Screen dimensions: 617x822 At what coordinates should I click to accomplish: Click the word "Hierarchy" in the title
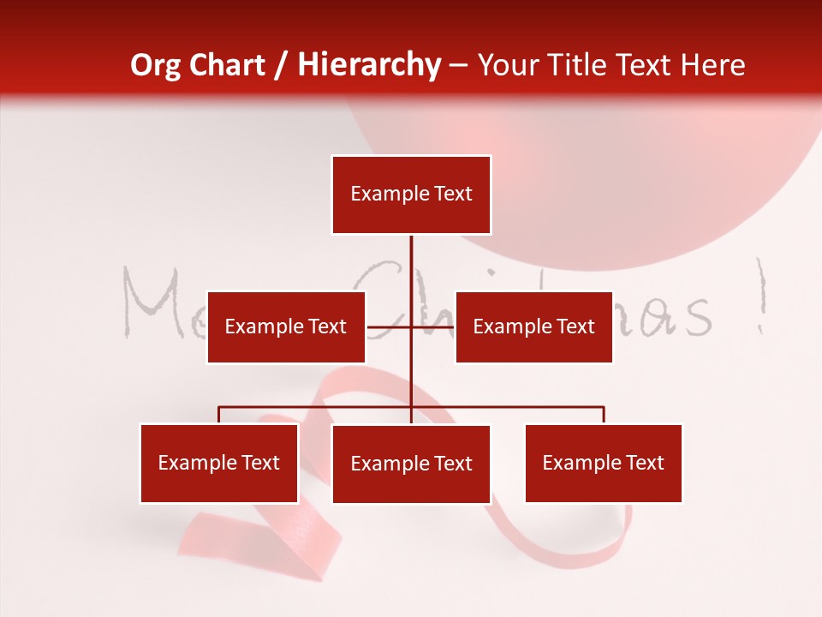pyautogui.click(x=369, y=65)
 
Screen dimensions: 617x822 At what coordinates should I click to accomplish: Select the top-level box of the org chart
pyautogui.click(x=411, y=195)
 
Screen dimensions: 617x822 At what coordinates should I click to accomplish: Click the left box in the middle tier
pyautogui.click(x=286, y=326)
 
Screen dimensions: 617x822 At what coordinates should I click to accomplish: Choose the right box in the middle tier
pyautogui.click(x=533, y=326)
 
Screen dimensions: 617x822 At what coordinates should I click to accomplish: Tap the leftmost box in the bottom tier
pyautogui.click(x=219, y=463)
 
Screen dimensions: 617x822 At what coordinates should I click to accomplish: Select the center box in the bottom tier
pyautogui.click(x=411, y=464)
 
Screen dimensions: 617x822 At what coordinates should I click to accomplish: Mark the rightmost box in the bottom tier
pyautogui.click(x=603, y=463)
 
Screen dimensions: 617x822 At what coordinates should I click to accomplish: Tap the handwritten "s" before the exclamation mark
pyautogui.click(x=698, y=319)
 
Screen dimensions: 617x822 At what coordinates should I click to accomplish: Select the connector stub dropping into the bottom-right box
pyautogui.click(x=604, y=415)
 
